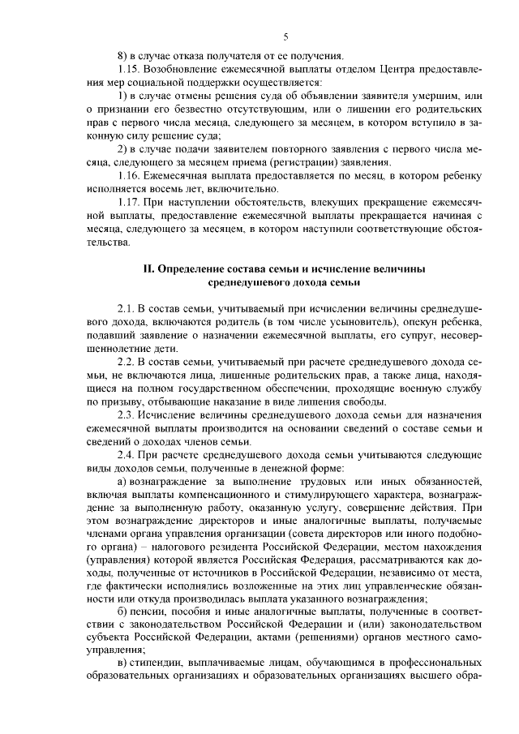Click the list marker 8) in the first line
point(122,55)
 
